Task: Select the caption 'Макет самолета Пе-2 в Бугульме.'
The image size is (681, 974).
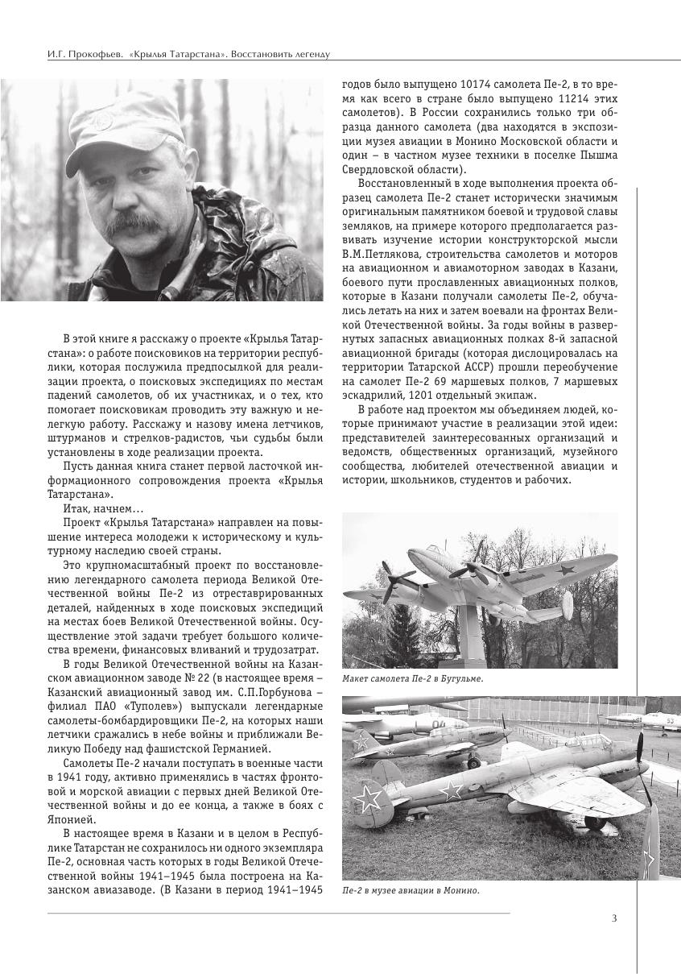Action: coord(413,679)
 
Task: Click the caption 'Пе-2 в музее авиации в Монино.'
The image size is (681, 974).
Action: coord(411,891)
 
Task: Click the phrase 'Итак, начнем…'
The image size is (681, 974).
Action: coord(102,509)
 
